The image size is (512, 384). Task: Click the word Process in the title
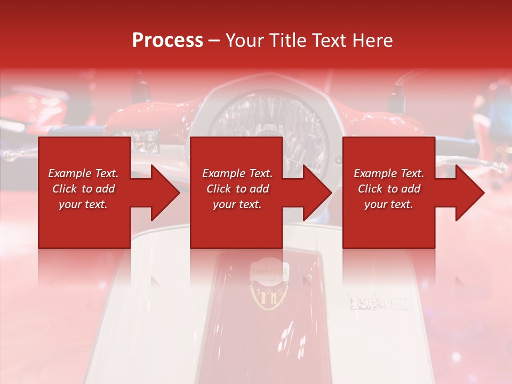tap(167, 41)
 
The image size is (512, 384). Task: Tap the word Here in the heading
tap(373, 41)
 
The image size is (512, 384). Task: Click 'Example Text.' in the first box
tap(83, 173)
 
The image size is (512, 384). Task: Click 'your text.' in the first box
tap(83, 204)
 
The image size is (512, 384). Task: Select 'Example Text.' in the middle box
tap(237, 173)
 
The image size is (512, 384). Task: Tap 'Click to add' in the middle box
tap(237, 189)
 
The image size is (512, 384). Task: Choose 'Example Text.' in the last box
tap(389, 173)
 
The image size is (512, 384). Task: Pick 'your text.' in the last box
tap(389, 204)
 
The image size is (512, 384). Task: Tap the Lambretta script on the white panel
tap(378, 302)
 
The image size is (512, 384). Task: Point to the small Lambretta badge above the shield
tap(269, 271)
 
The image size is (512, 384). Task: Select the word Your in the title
tap(245, 41)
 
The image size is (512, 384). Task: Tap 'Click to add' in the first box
tap(83, 189)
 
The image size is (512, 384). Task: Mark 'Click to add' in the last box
tap(389, 189)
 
